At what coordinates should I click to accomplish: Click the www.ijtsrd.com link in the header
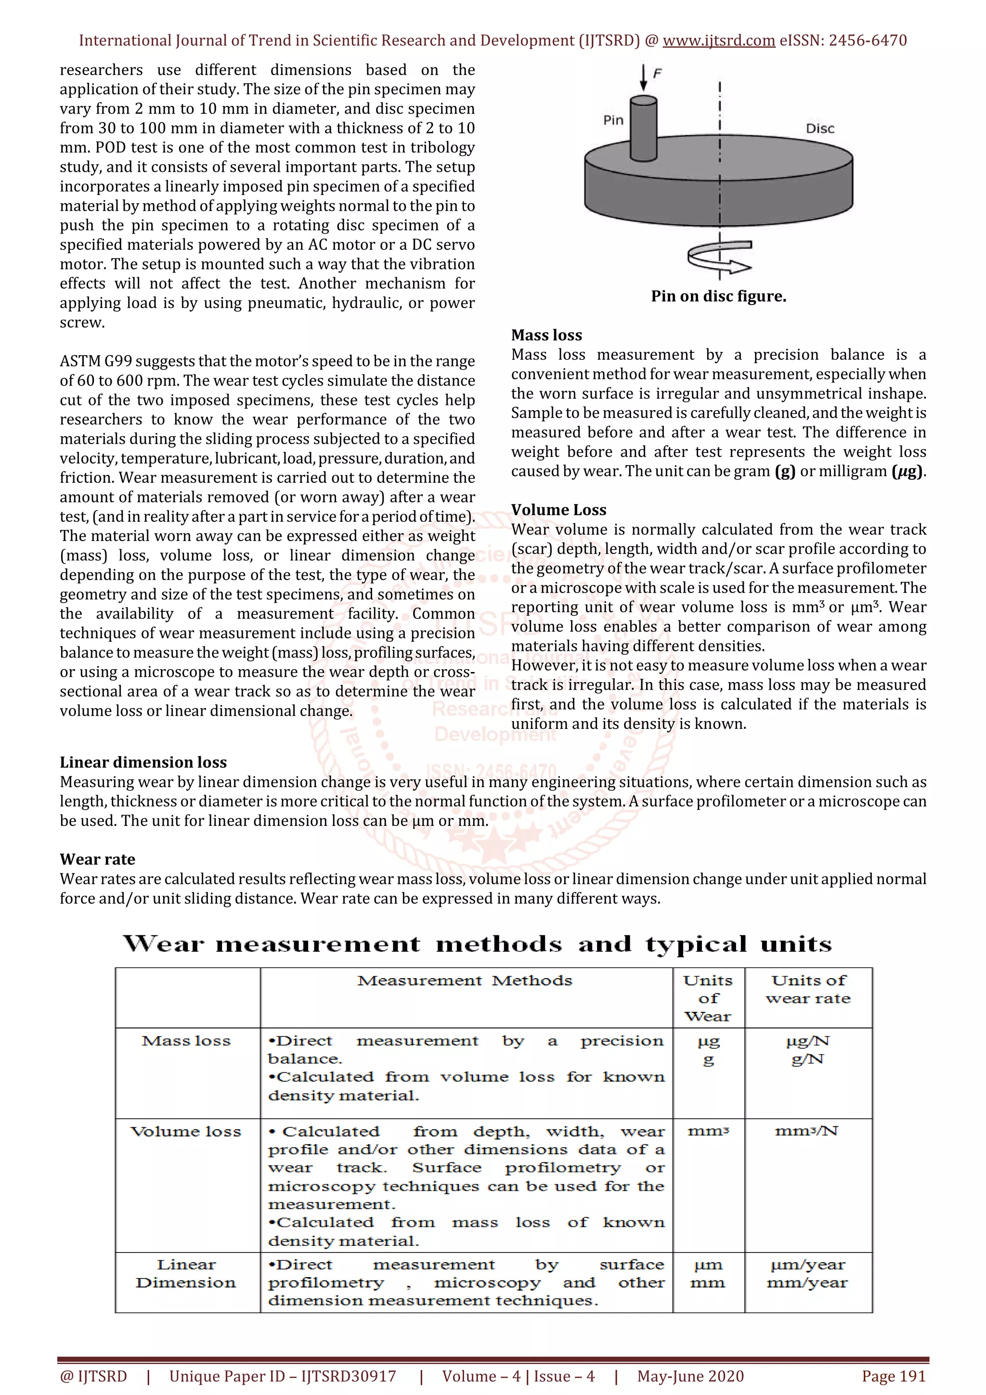coord(718,41)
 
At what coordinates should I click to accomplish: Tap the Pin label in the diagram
coord(613,120)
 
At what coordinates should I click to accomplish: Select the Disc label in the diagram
coord(819,128)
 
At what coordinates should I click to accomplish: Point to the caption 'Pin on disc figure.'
coord(718,296)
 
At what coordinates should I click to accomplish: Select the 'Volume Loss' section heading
coord(558,510)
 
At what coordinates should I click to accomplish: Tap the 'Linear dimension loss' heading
coord(143,762)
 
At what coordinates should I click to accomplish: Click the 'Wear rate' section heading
coord(97,859)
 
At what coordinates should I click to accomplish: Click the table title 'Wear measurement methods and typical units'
coord(477,943)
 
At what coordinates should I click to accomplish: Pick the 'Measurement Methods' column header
coord(465,981)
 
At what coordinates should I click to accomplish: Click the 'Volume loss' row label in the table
coord(186,1131)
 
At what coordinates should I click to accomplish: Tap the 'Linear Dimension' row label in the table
coord(186,1274)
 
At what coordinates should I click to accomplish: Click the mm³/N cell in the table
coord(807,1131)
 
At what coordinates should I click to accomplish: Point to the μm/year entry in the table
coord(807,1265)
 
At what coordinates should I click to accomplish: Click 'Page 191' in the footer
coord(893,1376)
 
